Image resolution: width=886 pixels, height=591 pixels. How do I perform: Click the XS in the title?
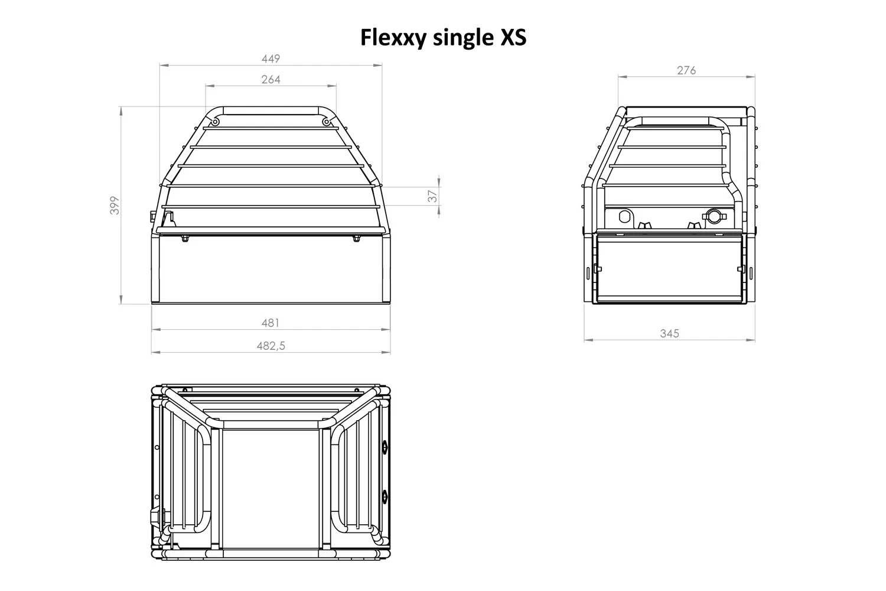coord(511,38)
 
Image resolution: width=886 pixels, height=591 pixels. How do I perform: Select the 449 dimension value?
coord(271,59)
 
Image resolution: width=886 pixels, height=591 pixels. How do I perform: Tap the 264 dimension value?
coord(271,79)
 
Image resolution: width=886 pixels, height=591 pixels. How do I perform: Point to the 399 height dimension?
coord(115,205)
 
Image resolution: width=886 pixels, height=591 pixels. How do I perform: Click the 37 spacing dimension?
coord(433,195)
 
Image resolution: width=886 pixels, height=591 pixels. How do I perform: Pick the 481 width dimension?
coord(270,323)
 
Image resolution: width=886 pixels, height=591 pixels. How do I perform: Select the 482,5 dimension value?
coord(271,346)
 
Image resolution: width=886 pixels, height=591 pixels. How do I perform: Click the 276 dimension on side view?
coord(686,70)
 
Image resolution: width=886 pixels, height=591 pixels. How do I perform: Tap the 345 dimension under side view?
coord(669,333)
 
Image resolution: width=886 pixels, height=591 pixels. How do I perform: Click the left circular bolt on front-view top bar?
coord(215,122)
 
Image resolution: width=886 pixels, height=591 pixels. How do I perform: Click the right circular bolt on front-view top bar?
coord(326,122)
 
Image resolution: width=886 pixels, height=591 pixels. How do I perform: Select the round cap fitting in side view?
coord(713,216)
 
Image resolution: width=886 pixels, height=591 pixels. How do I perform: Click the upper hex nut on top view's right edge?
coord(385,446)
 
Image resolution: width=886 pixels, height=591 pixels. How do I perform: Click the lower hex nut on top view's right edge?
coord(385,495)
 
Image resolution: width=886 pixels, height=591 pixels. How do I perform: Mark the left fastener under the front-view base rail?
coord(185,239)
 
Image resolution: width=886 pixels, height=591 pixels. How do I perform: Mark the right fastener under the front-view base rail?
coord(356,239)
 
